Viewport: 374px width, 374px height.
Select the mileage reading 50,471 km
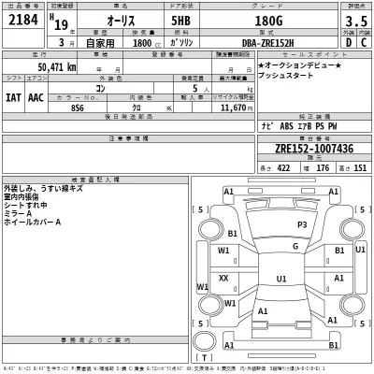click(58, 67)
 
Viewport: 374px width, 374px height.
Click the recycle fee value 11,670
click(229, 108)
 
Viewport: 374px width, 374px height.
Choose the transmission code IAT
click(14, 95)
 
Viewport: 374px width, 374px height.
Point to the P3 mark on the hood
click(302, 225)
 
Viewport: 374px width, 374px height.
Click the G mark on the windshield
click(294, 247)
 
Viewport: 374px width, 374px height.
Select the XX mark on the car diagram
click(223, 278)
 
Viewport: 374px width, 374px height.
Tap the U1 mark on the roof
click(280, 279)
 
